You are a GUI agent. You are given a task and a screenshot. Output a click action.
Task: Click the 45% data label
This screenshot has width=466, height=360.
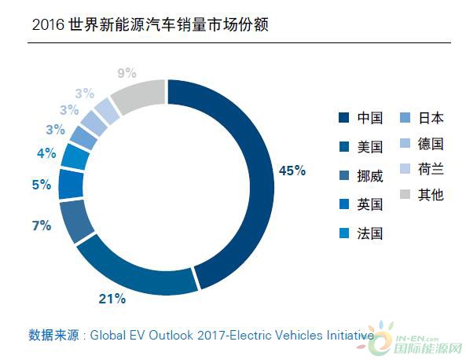click(x=292, y=171)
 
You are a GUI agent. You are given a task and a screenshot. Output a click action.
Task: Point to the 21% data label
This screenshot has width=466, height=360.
click(x=112, y=299)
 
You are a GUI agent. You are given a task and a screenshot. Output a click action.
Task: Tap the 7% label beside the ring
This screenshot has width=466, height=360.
click(x=42, y=226)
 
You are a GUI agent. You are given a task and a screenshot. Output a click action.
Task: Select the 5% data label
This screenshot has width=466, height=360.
click(x=42, y=185)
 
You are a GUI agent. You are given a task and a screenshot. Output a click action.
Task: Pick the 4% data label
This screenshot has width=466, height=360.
click(x=46, y=153)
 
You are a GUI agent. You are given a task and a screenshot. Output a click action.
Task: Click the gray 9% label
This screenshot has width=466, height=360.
click(x=127, y=73)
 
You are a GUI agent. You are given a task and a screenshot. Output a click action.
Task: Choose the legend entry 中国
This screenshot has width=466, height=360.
click(x=361, y=118)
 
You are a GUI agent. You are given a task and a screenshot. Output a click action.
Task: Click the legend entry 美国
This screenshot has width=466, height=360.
click(x=361, y=147)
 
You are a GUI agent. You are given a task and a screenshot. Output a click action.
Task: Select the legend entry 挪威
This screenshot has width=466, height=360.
click(x=361, y=176)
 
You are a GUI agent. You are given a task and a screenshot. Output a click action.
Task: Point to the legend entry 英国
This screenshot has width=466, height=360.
click(x=361, y=204)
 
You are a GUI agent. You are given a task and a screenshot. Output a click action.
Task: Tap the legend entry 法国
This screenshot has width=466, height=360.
click(x=361, y=233)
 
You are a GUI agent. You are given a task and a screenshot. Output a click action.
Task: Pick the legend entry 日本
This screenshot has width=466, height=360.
click(x=422, y=118)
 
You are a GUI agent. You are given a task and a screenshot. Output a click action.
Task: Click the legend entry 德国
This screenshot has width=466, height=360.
click(x=422, y=144)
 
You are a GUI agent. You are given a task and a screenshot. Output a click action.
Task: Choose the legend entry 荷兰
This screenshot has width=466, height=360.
click(x=422, y=169)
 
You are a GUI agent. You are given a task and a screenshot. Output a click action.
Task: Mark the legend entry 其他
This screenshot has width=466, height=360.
click(x=422, y=195)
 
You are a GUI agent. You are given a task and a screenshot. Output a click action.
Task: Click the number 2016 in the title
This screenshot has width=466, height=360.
click(x=48, y=24)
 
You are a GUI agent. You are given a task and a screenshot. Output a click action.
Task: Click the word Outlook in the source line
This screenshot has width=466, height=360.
click(x=171, y=336)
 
